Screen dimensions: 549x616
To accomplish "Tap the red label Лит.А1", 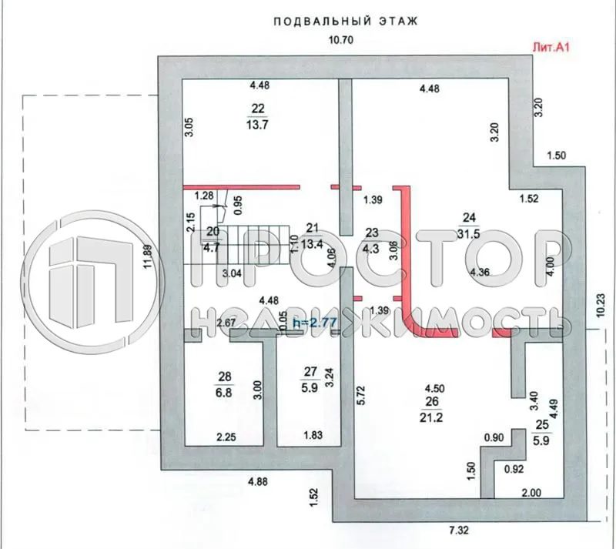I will [550, 47].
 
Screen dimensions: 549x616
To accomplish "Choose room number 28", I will [224, 376].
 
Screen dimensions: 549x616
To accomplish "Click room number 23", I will [373, 233].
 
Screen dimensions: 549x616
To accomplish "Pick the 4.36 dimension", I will [481, 271].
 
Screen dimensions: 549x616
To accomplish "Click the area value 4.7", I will [213, 248].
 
